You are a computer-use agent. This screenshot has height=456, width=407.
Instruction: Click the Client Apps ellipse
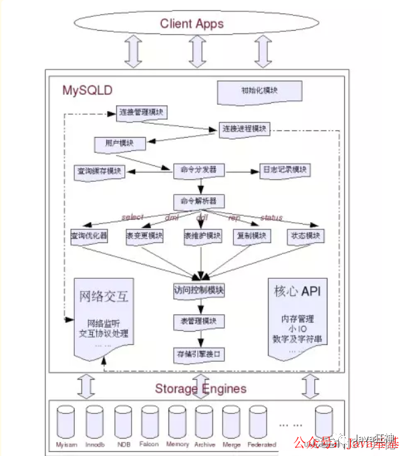click(192, 24)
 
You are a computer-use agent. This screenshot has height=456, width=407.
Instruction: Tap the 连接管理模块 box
click(142, 112)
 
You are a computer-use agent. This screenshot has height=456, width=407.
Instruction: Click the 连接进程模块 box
click(245, 128)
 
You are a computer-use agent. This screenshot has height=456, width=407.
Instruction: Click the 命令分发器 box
click(198, 170)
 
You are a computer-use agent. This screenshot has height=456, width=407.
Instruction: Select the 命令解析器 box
click(198, 201)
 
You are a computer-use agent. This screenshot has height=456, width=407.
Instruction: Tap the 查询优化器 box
click(90, 237)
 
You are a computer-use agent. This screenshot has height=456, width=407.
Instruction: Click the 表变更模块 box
click(144, 237)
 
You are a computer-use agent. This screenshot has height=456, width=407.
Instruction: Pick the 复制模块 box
click(251, 237)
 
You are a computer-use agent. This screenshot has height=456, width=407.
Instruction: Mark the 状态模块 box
click(306, 237)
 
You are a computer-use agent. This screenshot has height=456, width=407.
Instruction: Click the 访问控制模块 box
click(198, 291)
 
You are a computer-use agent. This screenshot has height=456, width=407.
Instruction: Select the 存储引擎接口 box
click(198, 353)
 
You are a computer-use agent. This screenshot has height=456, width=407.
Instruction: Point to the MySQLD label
click(88, 89)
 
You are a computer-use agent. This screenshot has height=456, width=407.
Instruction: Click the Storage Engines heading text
click(200, 388)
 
